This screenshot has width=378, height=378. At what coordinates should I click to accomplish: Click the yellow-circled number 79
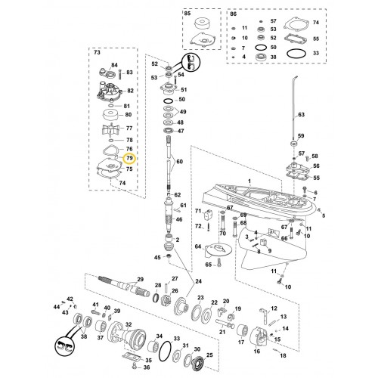(x=129, y=158)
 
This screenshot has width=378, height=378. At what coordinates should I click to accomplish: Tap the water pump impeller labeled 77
(x=112, y=129)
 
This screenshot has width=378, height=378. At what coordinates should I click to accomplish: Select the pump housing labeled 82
(x=109, y=90)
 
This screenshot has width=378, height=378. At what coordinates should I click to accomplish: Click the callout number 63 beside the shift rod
(x=302, y=115)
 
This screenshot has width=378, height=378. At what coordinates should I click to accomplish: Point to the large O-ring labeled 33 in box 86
(x=297, y=54)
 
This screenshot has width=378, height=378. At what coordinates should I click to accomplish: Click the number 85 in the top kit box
(x=187, y=14)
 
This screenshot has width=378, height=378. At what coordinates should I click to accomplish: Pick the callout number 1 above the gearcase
(x=249, y=181)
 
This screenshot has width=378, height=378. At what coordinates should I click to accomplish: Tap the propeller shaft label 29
(x=140, y=279)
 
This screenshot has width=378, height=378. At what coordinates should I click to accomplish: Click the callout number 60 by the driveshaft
(x=179, y=161)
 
